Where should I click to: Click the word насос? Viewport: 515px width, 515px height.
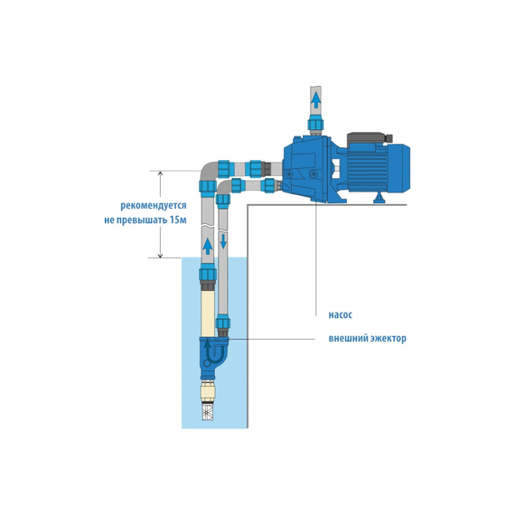341,315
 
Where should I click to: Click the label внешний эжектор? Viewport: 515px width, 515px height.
367,338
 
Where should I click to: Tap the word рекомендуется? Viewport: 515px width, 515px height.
154,206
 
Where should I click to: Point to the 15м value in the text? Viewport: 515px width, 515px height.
178,220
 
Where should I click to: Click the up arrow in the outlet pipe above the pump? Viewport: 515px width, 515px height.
316,100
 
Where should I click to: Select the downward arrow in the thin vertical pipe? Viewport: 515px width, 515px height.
223,240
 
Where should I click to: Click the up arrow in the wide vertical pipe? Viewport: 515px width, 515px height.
208,247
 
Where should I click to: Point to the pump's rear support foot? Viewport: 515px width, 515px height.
380,198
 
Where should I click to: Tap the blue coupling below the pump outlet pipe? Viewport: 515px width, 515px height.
315,125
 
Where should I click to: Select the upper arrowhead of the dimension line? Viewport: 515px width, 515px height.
160,173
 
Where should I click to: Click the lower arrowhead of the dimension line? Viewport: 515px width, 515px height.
160,255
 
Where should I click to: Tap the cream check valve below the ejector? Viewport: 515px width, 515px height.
208,391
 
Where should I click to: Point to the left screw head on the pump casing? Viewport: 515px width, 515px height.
289,174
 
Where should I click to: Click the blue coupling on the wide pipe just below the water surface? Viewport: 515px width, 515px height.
208,273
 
